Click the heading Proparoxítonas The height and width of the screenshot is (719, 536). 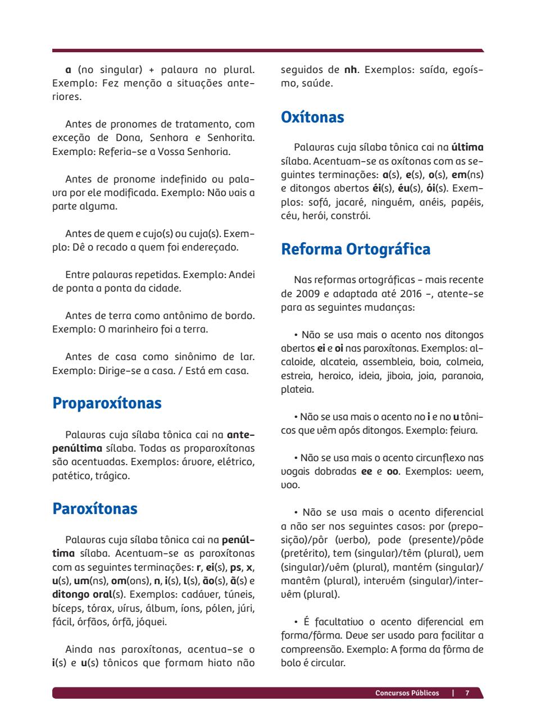(x=107, y=403)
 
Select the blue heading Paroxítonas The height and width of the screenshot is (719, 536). (x=95, y=509)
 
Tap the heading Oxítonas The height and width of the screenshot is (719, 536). (x=312, y=117)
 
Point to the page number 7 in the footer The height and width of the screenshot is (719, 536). (x=467, y=693)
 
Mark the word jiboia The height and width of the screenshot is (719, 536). (x=398, y=376)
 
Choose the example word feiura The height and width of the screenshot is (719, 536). (x=464, y=431)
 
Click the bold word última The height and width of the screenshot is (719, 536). (x=467, y=148)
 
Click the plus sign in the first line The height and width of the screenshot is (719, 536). (x=151, y=70)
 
